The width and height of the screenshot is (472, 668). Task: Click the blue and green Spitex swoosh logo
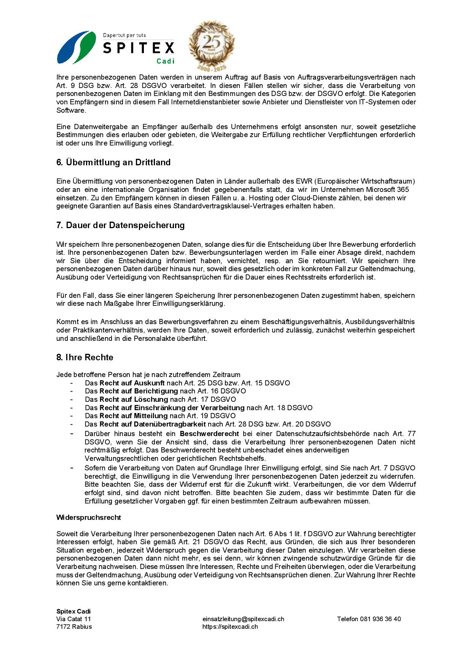(x=77, y=47)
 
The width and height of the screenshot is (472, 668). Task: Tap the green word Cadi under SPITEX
(x=166, y=61)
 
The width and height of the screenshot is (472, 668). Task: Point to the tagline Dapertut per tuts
(x=124, y=35)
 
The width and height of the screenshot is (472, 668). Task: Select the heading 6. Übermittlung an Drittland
(x=113, y=162)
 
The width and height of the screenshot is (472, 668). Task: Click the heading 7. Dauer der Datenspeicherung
(x=120, y=225)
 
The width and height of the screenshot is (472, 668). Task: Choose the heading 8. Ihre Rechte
(x=85, y=357)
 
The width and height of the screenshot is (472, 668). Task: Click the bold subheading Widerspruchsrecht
(x=89, y=517)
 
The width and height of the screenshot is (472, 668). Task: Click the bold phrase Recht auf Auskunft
(x=132, y=383)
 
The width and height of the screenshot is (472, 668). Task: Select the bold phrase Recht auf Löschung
(x=134, y=399)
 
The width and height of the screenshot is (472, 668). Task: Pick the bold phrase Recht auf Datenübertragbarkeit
(x=153, y=424)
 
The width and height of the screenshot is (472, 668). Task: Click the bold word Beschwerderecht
(x=209, y=433)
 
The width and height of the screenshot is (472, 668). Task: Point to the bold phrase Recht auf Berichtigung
(x=139, y=391)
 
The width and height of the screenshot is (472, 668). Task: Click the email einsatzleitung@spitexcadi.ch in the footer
(x=243, y=619)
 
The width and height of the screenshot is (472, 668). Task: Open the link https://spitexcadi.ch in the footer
(x=230, y=626)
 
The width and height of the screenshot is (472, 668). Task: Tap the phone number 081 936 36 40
(x=381, y=619)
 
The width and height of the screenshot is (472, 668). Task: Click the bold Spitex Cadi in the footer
(x=73, y=611)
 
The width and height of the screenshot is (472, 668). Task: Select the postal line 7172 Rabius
(x=74, y=626)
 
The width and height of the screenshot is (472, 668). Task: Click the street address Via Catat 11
(x=73, y=619)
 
